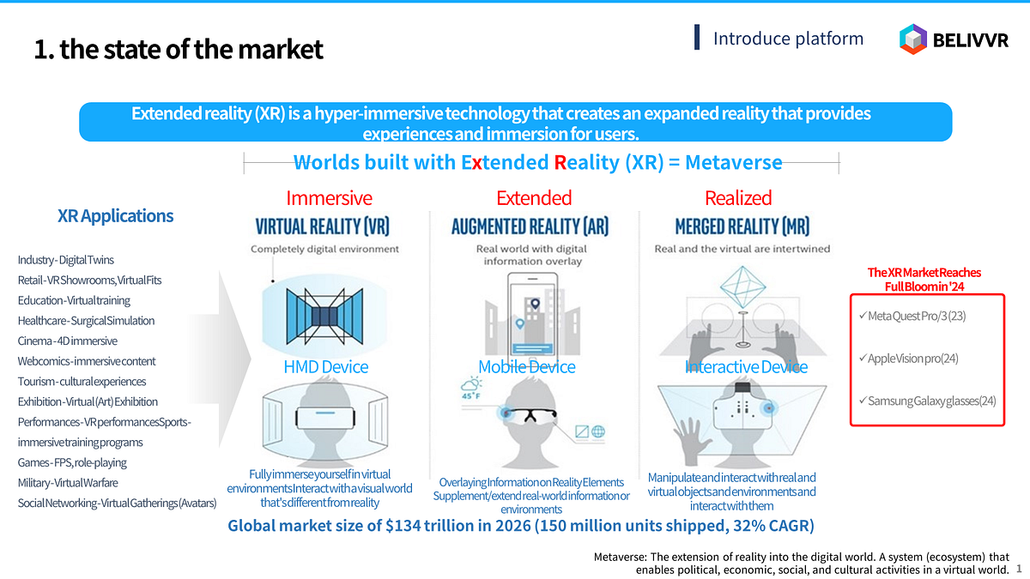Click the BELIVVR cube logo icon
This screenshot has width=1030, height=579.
(x=912, y=39)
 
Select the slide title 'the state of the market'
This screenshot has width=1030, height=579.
(x=191, y=49)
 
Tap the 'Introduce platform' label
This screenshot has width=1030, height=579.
(x=788, y=38)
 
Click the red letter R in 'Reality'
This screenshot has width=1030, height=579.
(x=560, y=162)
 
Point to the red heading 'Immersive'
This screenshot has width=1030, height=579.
(x=329, y=197)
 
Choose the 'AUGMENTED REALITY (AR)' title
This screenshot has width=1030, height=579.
(x=530, y=226)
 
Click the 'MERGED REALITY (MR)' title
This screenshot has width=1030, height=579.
(x=742, y=226)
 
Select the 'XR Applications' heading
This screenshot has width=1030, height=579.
(x=115, y=215)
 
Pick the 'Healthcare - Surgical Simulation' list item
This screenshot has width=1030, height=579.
(x=86, y=320)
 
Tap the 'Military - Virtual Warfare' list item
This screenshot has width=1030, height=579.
(x=68, y=482)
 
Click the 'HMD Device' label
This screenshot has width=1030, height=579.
(x=325, y=367)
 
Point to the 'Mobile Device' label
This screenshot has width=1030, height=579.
(x=526, y=367)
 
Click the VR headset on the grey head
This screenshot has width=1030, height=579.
(x=325, y=417)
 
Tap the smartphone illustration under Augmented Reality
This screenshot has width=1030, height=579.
(x=532, y=315)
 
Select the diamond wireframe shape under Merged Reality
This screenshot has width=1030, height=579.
(x=742, y=286)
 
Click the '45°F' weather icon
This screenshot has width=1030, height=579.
(x=471, y=389)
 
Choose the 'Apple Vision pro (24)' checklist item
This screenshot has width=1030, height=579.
(x=909, y=359)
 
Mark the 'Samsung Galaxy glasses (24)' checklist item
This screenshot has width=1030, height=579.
(x=927, y=401)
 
